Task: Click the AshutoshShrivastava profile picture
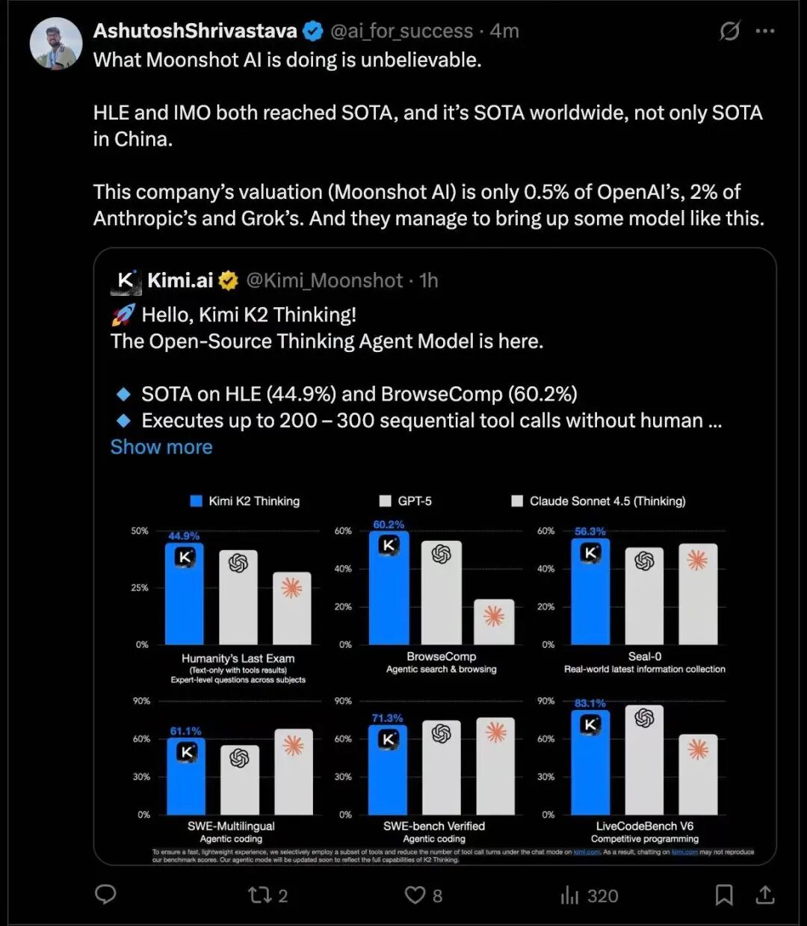56,43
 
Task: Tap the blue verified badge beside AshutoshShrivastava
313,31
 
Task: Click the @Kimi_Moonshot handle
324,280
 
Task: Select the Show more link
161,447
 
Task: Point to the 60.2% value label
389,525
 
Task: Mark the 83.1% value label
590,703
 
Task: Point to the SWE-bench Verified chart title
434,826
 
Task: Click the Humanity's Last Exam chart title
238,658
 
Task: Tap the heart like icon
415,895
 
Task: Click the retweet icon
259,895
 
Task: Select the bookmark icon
723,895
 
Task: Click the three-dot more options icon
765,31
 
